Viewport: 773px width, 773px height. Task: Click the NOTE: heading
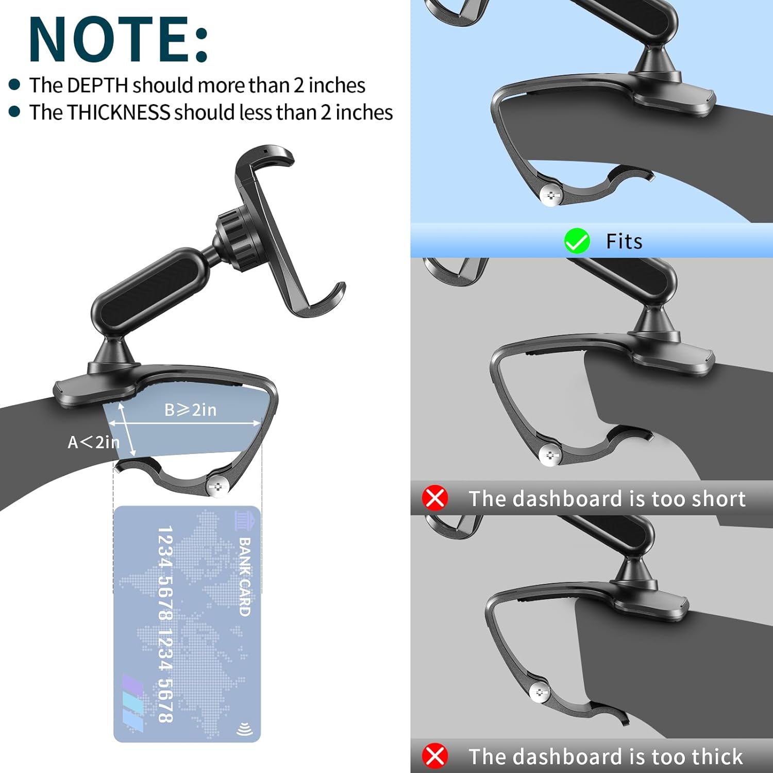[x=119, y=40]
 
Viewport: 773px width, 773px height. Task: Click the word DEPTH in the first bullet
[x=97, y=86]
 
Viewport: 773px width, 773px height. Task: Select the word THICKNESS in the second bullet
[x=119, y=112]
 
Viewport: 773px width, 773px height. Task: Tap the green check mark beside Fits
[x=577, y=241]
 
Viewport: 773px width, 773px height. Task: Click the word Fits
[x=624, y=241]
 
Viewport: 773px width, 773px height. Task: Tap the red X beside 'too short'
[x=435, y=498]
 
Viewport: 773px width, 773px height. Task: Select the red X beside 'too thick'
[x=435, y=756]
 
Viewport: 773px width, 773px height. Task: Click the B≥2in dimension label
[x=191, y=410]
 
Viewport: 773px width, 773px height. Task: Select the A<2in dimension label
[x=93, y=442]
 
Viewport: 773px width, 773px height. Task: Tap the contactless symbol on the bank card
[x=245, y=729]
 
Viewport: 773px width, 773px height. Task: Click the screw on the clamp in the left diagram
[x=218, y=486]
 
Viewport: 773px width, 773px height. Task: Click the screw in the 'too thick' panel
[x=540, y=693]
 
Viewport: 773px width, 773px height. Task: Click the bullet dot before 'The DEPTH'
[x=14, y=85]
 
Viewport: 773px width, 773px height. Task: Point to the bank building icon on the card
[x=245, y=520]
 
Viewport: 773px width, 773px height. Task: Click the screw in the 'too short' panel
[x=550, y=455]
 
